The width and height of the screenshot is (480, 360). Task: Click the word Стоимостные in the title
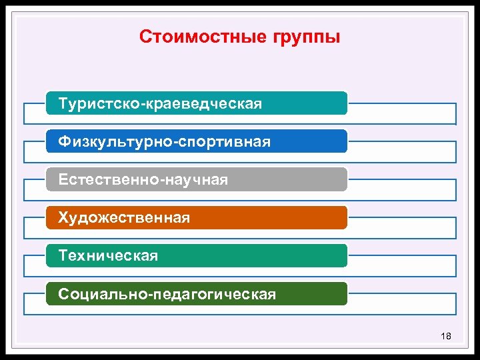click(195, 36)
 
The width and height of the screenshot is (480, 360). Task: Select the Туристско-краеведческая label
click(160, 104)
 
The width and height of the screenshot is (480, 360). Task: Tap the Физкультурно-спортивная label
click(164, 142)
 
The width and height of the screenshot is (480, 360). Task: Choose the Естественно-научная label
click(143, 180)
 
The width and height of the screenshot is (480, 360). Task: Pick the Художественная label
click(124, 218)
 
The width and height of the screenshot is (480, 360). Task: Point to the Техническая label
click(108, 256)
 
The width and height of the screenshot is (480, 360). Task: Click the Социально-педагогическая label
click(167, 294)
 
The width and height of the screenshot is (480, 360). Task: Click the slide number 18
click(446, 336)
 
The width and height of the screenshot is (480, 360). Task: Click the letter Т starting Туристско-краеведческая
click(63, 104)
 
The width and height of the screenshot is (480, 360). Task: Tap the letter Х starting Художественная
click(63, 218)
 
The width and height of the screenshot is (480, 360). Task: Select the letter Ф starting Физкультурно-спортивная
click(64, 142)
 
